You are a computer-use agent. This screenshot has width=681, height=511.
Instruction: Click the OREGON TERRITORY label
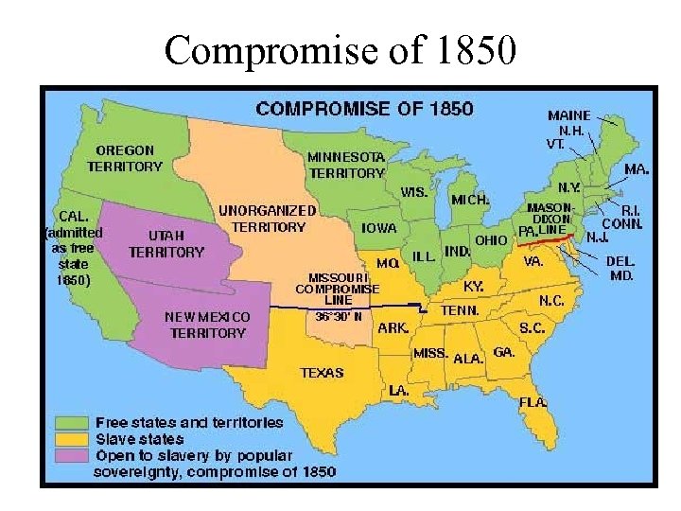coord(125,158)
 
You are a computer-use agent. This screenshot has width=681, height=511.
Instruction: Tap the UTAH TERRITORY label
coord(166,243)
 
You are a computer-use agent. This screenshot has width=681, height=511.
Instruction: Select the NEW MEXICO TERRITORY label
coord(207,325)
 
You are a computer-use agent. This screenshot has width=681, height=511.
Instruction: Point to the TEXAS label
coord(322,373)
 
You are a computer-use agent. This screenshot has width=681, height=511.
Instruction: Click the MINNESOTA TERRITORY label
coord(346,165)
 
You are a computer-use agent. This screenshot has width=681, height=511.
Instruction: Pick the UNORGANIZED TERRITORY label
coord(268,219)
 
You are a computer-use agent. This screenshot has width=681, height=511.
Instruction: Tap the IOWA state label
coord(379,228)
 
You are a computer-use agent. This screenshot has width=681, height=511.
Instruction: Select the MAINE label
coord(569,115)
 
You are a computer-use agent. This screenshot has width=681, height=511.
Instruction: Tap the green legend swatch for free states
coord(74,422)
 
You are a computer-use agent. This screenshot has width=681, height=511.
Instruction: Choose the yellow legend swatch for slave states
coord(74,438)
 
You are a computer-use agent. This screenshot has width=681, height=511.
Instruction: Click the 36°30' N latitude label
coord(339,316)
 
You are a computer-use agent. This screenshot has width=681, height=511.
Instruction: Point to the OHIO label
coord(491,240)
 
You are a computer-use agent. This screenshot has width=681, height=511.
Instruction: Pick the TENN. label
coord(460,310)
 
